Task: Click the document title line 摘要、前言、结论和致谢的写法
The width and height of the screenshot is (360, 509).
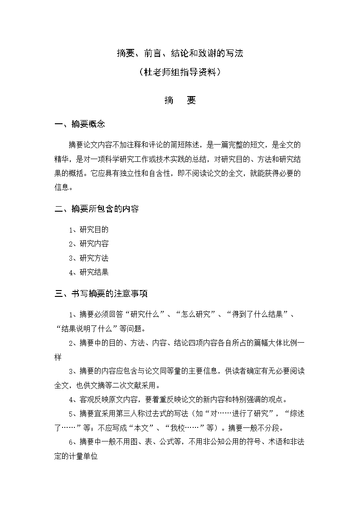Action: coord(180,53)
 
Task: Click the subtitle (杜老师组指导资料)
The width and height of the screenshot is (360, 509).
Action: coord(180,72)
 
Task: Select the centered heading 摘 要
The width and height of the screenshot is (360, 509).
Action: coord(180,101)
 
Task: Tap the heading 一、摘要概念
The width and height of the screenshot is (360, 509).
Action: coord(80,124)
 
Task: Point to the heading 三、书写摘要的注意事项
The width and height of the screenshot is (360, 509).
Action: coord(101,294)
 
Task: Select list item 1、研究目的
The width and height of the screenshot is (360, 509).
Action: coord(89,230)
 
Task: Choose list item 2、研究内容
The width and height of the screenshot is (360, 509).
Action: coord(89,244)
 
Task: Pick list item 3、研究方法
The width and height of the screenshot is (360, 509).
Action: coord(89,258)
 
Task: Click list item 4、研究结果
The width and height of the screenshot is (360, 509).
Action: coord(89,272)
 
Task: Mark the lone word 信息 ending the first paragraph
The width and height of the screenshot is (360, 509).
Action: coord(62,187)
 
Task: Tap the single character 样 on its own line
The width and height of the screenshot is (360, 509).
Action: coord(58,357)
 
